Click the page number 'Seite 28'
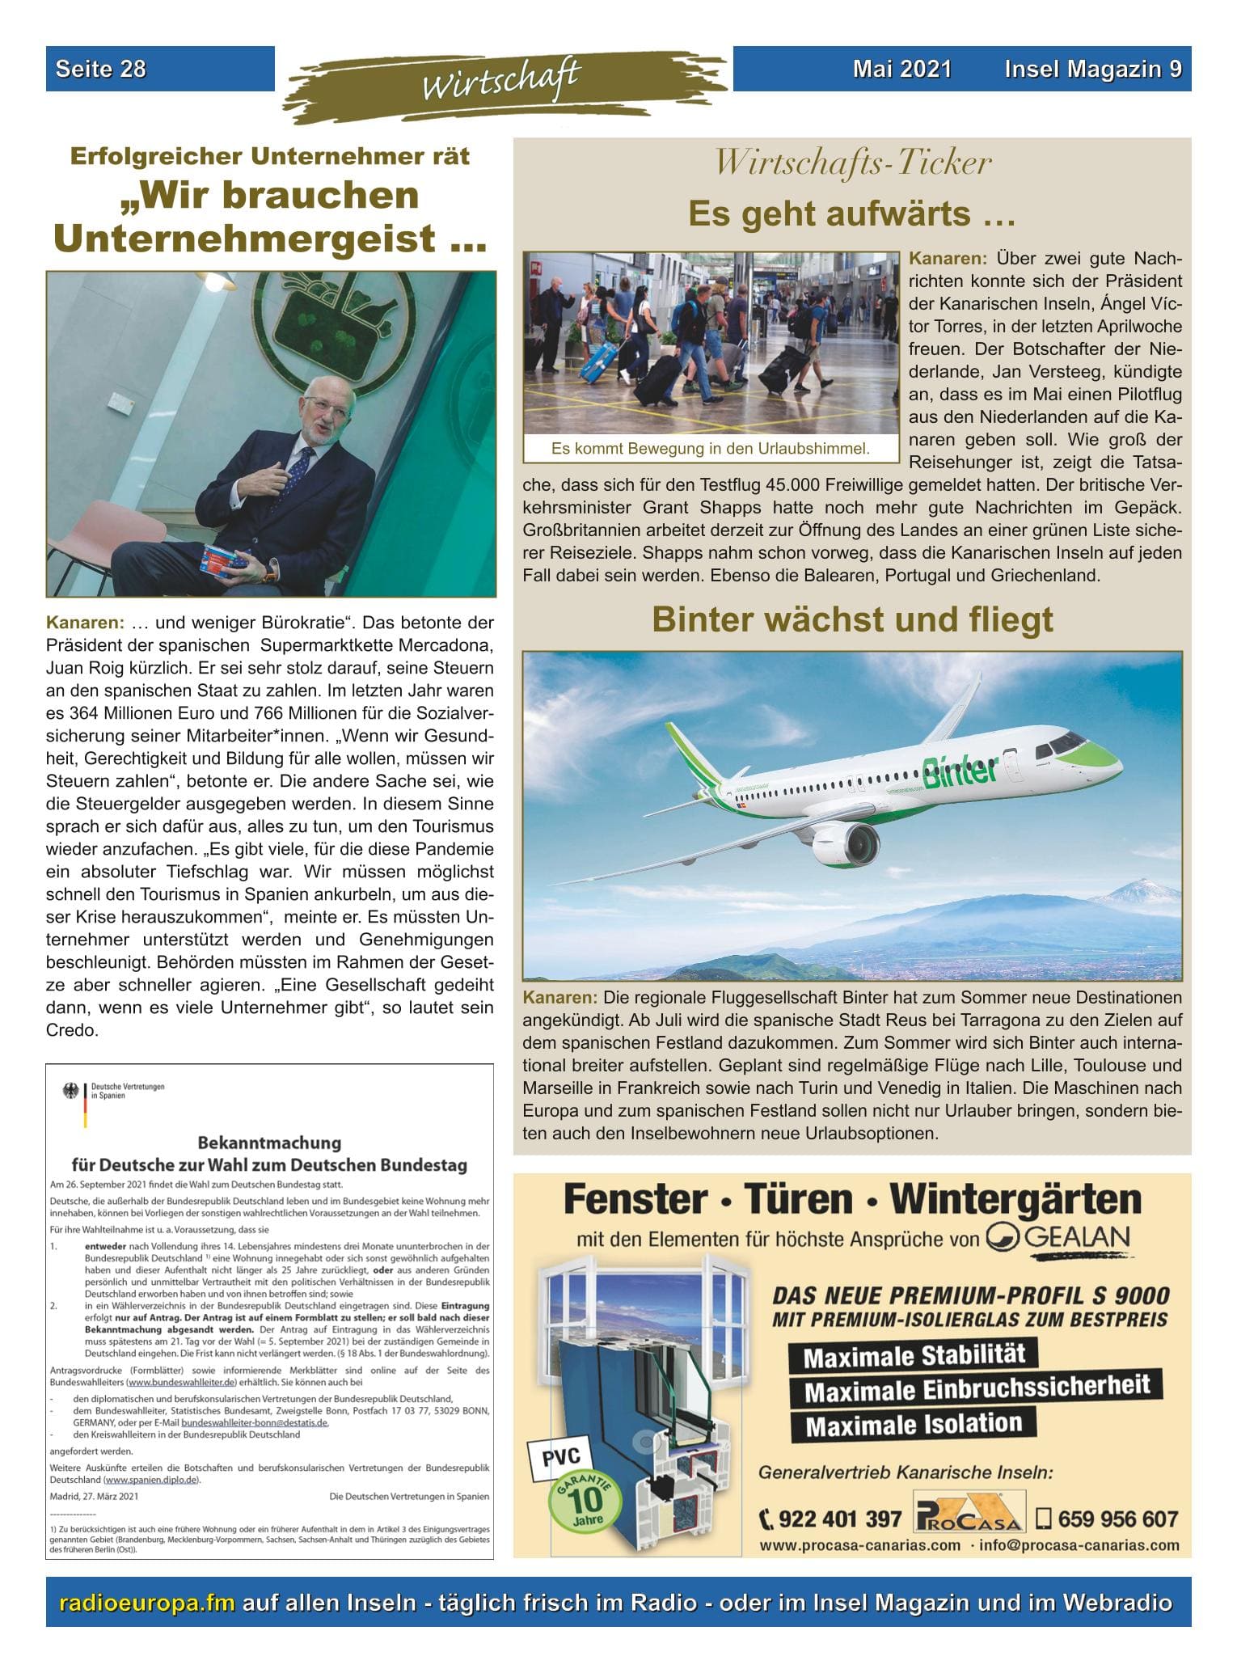(x=100, y=69)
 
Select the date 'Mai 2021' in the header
(x=901, y=69)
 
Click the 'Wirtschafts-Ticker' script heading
(x=852, y=163)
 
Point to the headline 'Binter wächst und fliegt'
(x=852, y=620)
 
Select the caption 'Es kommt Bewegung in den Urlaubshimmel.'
(x=710, y=448)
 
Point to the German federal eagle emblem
(x=70, y=1092)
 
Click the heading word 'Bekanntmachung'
(x=269, y=1143)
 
